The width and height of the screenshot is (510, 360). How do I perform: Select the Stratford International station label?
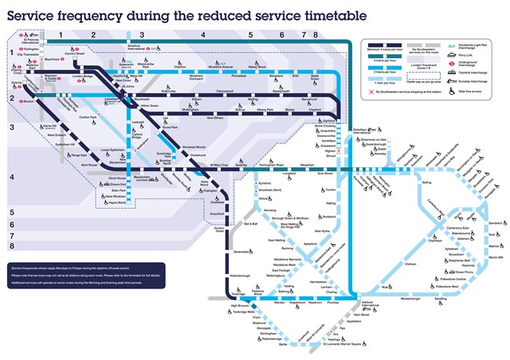click(139, 47)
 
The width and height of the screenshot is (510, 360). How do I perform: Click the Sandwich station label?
click(492, 223)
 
